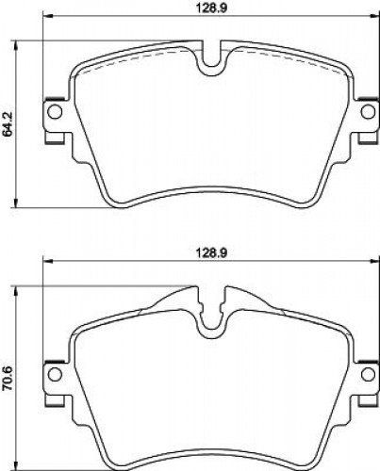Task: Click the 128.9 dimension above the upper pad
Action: click(212, 8)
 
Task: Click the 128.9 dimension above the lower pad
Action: click(212, 253)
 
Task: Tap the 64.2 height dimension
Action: click(8, 124)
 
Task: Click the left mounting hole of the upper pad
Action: click(55, 111)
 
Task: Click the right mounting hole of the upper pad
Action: click(368, 111)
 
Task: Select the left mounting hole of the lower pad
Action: click(55, 374)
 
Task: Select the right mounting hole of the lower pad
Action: click(368, 374)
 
